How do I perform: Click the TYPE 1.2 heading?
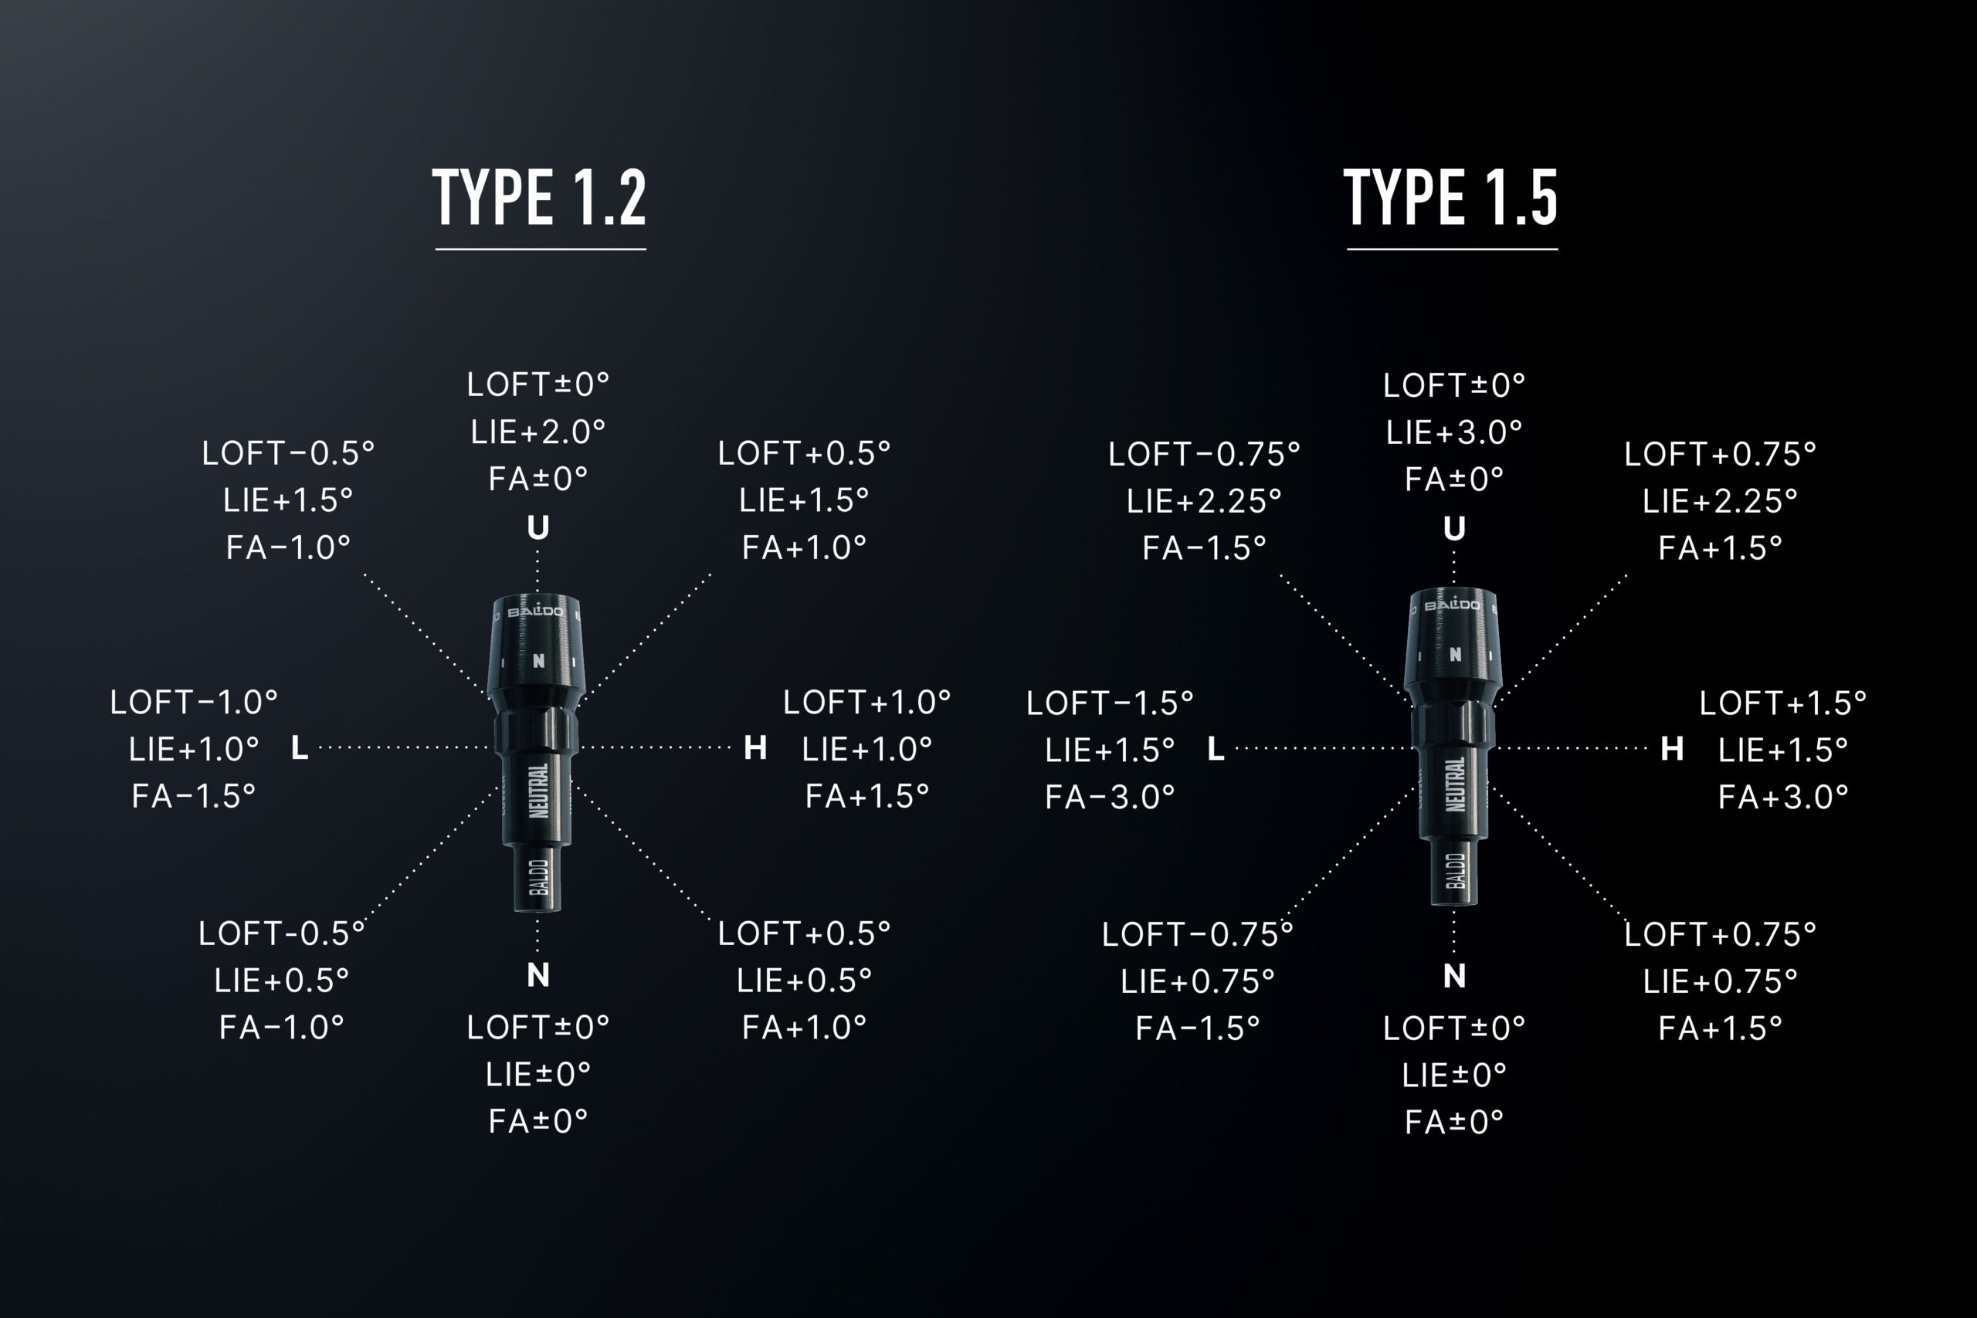(x=539, y=197)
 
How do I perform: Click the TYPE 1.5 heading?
(x=1451, y=197)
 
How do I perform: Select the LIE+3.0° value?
(x=1454, y=433)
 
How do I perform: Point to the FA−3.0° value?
(x=1110, y=797)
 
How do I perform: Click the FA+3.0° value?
(x=1783, y=797)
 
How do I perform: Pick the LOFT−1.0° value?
(x=193, y=702)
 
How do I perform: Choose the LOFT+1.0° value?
(x=866, y=702)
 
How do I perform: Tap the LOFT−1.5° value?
(x=1110, y=703)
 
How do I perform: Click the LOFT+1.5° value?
(x=1783, y=703)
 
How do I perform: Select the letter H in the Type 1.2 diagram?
(x=755, y=747)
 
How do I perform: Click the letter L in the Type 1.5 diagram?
(x=1216, y=748)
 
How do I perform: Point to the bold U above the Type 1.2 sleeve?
(x=538, y=528)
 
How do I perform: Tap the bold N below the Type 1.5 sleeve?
(x=1454, y=976)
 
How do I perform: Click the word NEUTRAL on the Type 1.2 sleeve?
(x=539, y=790)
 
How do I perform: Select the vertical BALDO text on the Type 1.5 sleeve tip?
(x=1456, y=870)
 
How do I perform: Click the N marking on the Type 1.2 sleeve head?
(x=539, y=661)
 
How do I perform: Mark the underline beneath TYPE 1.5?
(x=1452, y=249)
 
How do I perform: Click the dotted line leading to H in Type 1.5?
(x=1572, y=747)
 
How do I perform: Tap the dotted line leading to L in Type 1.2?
(x=403, y=747)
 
